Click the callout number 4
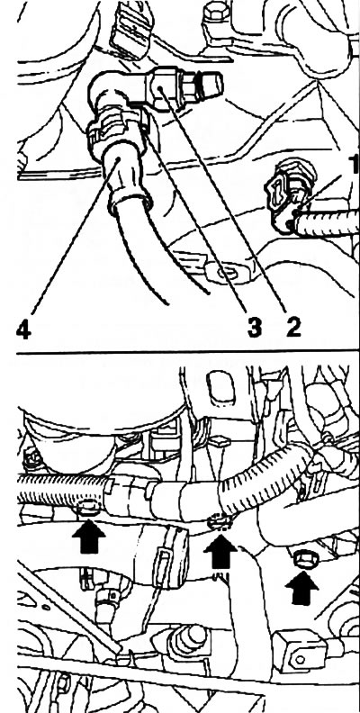23,329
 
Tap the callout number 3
255,327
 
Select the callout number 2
293,327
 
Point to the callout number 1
355,164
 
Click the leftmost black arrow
88,537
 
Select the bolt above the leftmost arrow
87,507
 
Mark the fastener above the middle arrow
219,522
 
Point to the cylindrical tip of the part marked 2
212,82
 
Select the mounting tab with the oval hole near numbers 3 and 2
226,274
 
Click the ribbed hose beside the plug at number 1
328,223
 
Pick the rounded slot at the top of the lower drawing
220,387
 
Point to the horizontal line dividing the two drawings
188,353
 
